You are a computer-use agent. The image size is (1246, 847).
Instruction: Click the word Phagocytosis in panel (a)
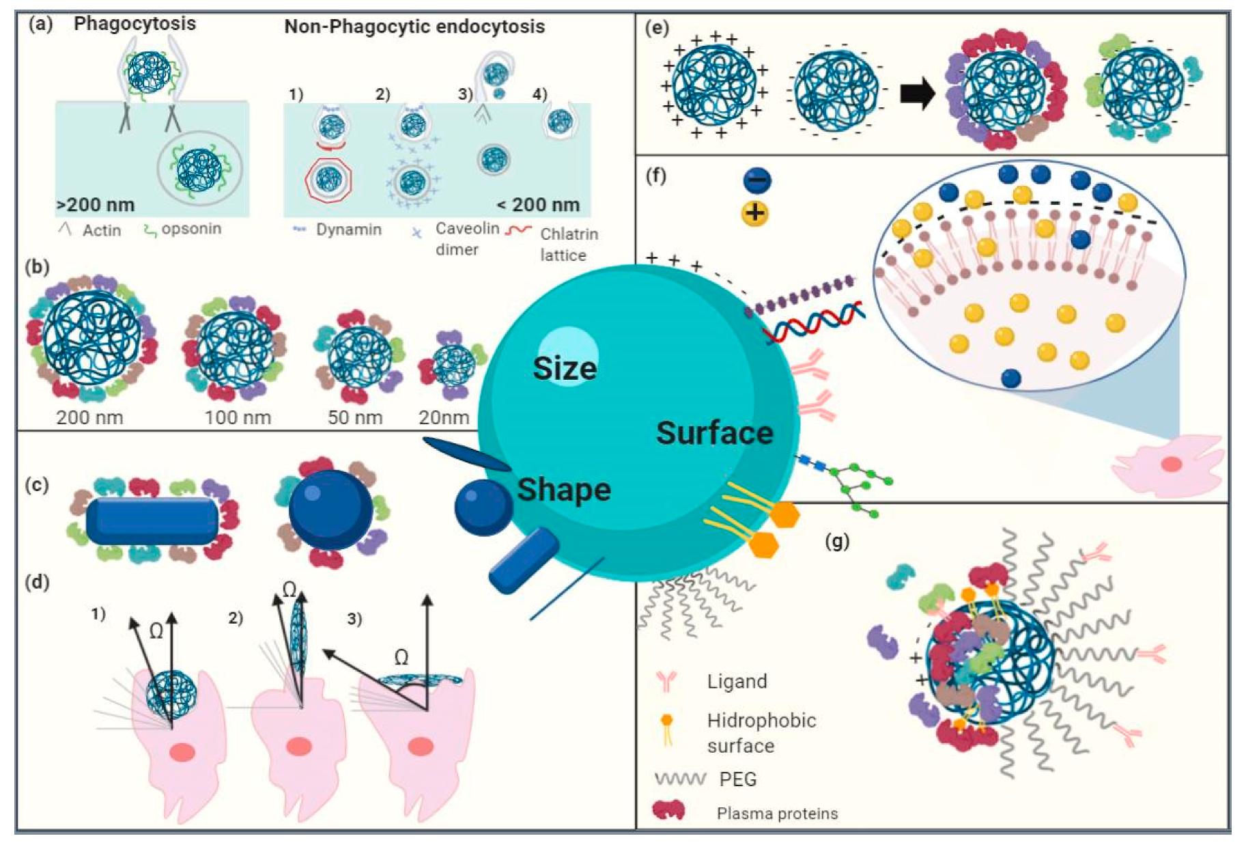point(134,24)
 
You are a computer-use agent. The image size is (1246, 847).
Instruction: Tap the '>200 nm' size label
point(96,204)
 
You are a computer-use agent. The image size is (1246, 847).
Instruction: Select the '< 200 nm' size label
point(538,204)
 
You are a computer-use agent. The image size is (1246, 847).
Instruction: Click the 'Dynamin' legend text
point(348,230)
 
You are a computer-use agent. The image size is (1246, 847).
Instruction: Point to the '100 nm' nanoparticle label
point(238,417)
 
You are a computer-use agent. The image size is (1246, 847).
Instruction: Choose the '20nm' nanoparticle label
point(444,417)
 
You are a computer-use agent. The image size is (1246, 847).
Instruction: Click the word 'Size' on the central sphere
point(565,369)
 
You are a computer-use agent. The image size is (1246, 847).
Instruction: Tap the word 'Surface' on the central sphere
point(714,433)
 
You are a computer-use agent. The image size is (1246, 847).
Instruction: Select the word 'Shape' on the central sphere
point(564,490)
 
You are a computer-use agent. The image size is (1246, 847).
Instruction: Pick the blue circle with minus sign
point(756,180)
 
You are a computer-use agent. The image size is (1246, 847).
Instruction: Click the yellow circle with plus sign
point(754,213)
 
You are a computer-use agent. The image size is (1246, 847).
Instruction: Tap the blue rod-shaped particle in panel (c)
point(152,521)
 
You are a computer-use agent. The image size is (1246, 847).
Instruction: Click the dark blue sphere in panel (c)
point(330,510)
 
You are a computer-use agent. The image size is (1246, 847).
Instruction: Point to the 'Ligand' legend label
point(737,681)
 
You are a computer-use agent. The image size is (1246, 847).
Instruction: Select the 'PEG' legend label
point(738,779)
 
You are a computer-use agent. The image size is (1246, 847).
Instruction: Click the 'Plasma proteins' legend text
point(777,814)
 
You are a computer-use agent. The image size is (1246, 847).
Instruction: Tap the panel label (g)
point(837,542)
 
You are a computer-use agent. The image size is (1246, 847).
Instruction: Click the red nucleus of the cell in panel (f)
point(1172,464)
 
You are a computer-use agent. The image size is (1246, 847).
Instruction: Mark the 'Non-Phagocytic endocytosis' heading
point(414,27)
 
